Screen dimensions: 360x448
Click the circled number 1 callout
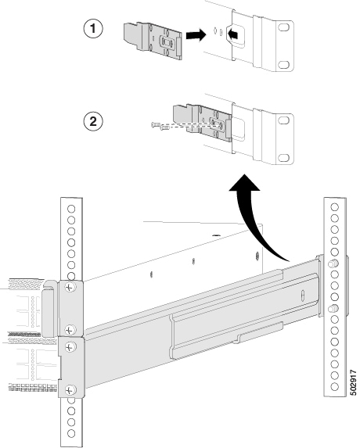click(x=93, y=29)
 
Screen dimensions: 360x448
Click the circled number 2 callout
click(x=93, y=122)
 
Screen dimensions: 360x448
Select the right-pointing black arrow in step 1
click(x=196, y=35)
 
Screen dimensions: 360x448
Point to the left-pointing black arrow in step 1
click(x=233, y=34)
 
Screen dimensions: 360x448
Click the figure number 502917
click(x=354, y=383)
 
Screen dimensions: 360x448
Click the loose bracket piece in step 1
click(x=153, y=41)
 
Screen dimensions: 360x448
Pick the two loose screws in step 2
click(x=160, y=125)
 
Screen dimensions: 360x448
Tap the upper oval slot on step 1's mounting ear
click(x=283, y=27)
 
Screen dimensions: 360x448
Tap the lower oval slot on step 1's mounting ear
click(x=283, y=65)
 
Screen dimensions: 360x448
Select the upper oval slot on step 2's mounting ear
click(x=283, y=120)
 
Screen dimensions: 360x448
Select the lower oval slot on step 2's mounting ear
click(x=283, y=157)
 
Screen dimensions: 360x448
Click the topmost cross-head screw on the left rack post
click(x=70, y=287)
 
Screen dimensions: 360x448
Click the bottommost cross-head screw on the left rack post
click(x=70, y=389)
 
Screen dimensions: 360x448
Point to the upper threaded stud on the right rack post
click(x=333, y=263)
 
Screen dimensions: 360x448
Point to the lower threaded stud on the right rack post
click(x=333, y=309)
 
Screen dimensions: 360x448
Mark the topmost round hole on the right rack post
click(x=334, y=207)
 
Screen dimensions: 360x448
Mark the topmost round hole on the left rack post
click(x=71, y=209)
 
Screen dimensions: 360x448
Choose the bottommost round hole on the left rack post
click(x=71, y=433)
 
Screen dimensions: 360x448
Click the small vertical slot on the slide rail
click(x=303, y=296)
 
